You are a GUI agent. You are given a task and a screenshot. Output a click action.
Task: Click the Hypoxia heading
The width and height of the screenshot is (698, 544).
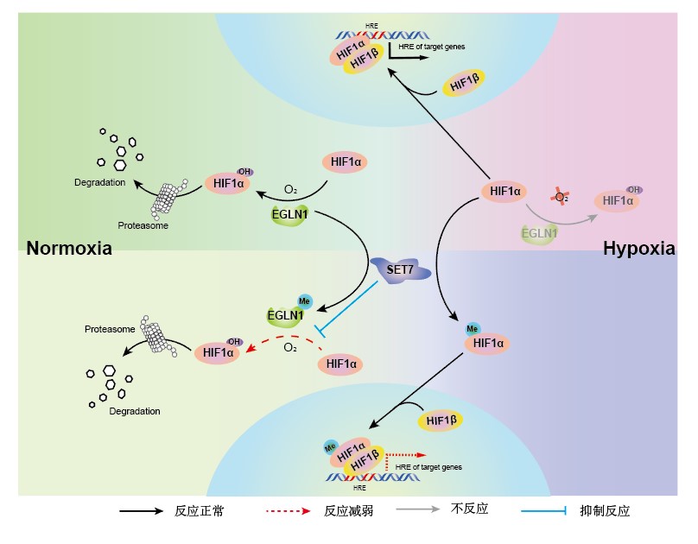tap(638, 250)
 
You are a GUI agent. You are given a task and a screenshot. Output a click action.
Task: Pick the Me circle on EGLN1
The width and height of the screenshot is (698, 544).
tap(304, 301)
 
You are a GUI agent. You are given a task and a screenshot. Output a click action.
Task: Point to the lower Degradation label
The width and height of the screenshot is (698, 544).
tap(135, 411)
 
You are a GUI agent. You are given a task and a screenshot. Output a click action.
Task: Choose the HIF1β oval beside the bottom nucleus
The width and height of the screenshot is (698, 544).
tap(441, 421)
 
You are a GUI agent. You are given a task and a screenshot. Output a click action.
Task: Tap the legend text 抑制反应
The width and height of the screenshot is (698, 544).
tap(605, 510)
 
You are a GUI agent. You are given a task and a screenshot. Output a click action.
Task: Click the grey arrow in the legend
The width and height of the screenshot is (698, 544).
tap(418, 509)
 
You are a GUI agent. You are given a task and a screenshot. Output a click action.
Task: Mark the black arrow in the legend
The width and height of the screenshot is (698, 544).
tap(142, 510)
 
